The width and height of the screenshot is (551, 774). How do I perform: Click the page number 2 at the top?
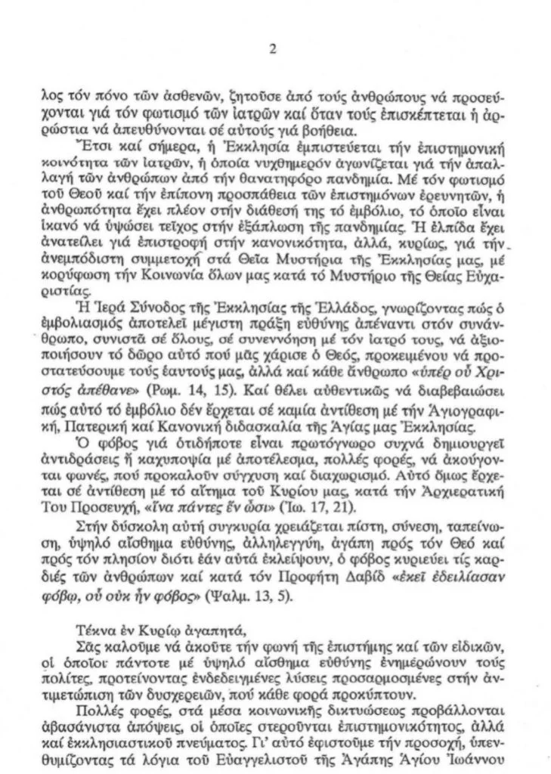pyautogui.click(x=273, y=51)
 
